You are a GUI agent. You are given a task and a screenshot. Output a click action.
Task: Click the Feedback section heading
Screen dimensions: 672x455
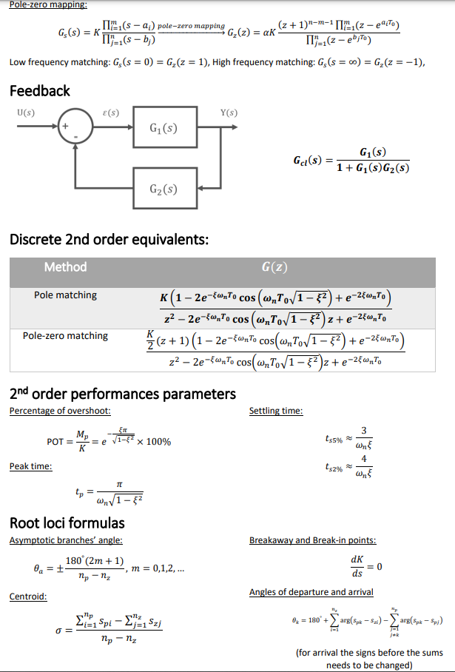39,91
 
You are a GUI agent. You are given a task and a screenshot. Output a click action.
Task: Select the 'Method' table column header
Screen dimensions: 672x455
65,267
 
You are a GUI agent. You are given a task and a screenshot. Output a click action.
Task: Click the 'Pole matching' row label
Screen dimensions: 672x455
65,295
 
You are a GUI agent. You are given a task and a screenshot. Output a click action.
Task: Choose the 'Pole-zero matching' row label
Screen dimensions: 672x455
65,336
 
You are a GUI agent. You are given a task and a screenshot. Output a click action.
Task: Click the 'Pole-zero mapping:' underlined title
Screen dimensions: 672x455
47,5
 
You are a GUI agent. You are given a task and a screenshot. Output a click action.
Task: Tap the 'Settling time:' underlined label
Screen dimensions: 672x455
276,411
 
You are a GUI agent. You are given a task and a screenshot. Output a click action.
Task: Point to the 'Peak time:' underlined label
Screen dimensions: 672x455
30,466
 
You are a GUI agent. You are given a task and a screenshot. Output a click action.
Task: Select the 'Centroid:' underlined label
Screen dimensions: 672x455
28,596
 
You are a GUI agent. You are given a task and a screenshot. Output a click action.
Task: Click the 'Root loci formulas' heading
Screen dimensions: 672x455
67,523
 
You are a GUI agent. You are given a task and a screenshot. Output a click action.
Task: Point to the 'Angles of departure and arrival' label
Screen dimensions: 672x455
311,591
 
